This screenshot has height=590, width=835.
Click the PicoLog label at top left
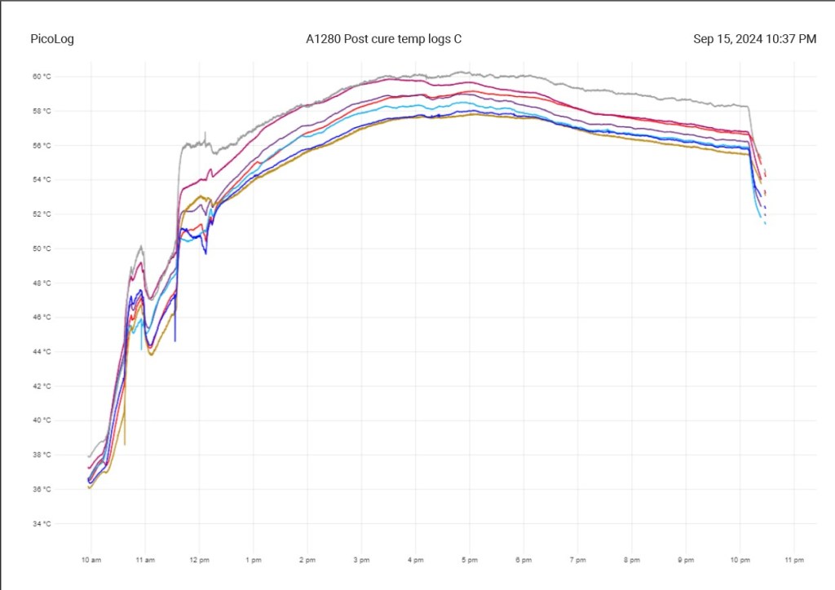tap(52, 39)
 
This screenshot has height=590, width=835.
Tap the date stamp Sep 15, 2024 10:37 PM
tap(754, 39)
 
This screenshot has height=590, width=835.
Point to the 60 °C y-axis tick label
tap(42, 77)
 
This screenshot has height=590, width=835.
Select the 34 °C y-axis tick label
tap(42, 524)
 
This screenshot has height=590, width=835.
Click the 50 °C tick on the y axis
tap(42, 249)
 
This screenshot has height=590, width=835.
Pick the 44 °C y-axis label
tap(42, 352)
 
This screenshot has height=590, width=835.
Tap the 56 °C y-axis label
tap(42, 146)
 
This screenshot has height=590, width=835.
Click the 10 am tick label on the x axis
tap(91, 560)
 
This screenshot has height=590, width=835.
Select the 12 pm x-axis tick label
tap(199, 560)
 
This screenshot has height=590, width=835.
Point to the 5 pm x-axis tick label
tap(469, 560)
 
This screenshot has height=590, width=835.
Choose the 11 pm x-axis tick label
tap(793, 560)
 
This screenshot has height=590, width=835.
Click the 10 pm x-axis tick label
tap(740, 560)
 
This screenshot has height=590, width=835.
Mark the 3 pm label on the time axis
tap(360, 560)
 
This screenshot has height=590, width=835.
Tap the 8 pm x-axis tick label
tap(631, 560)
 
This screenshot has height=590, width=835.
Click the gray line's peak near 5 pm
tap(462, 72)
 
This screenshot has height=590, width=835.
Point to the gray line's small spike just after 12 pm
tap(205, 133)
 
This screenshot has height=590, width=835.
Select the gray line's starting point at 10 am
tap(89, 456)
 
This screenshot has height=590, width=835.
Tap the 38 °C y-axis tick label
tap(42, 455)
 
